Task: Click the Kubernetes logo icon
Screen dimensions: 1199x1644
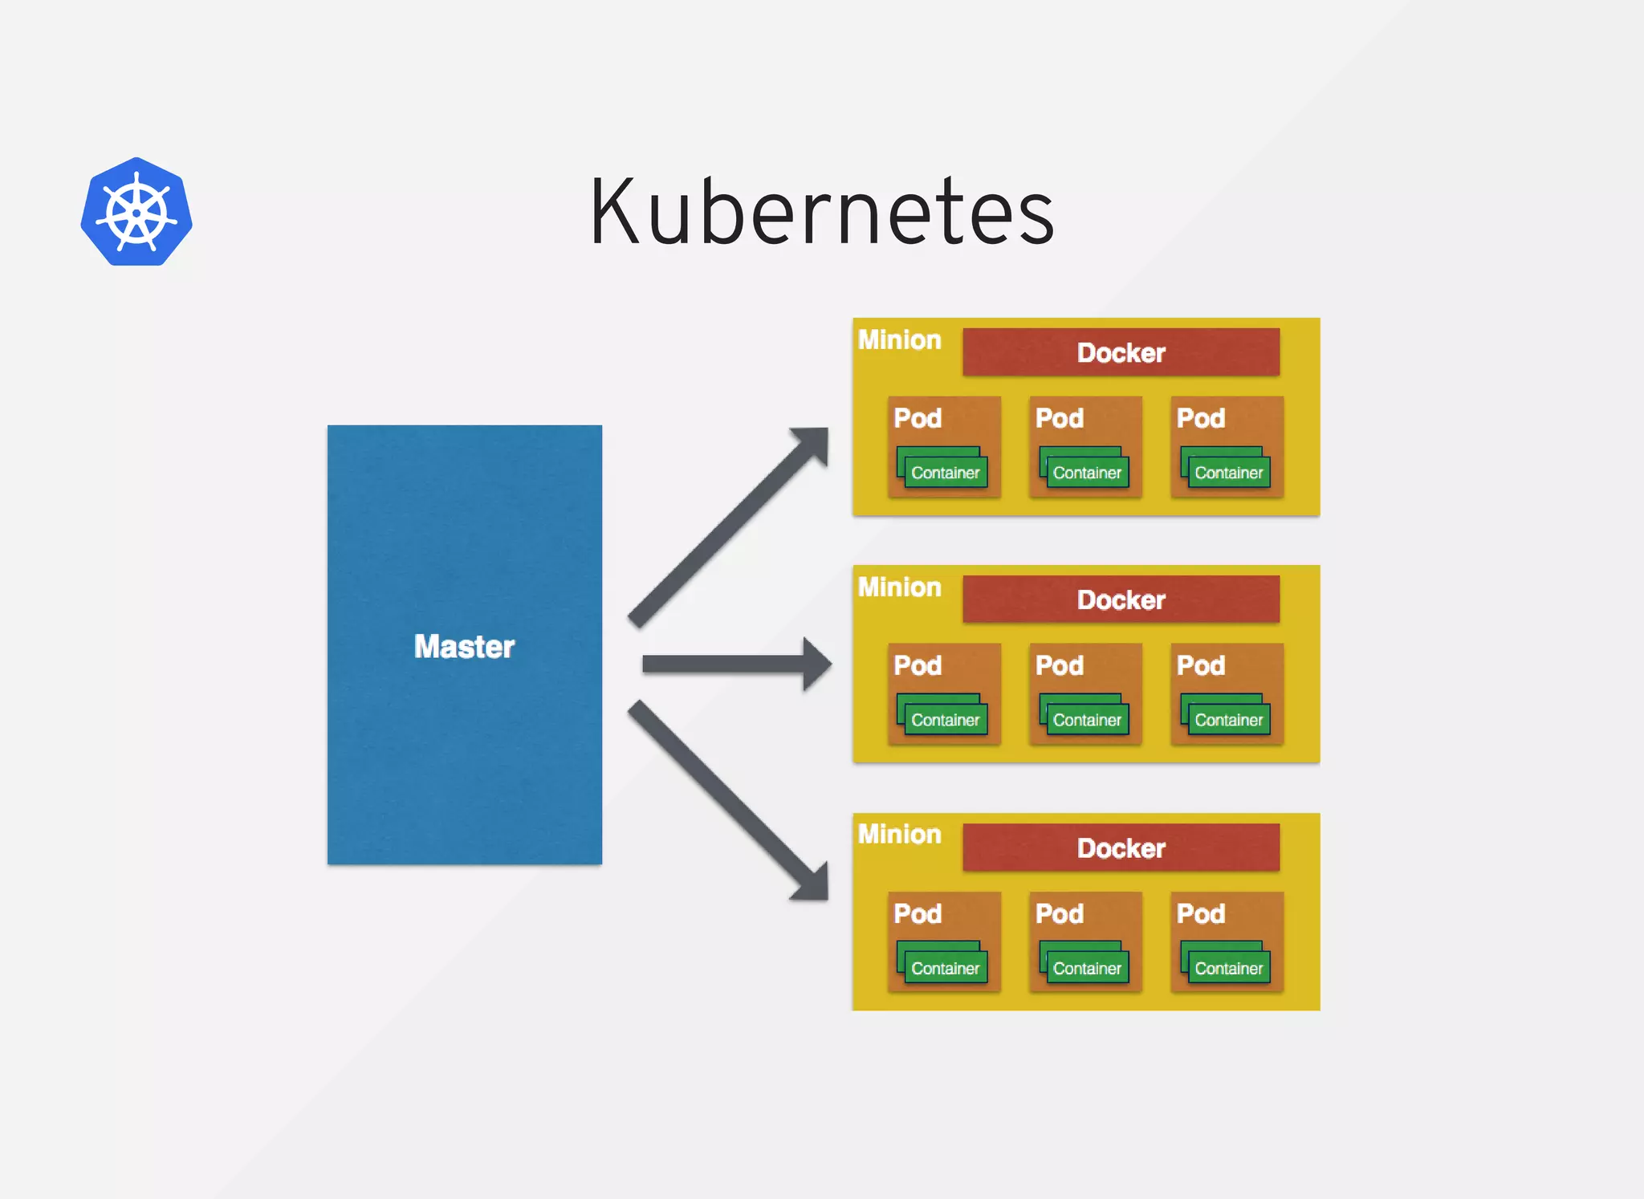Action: pos(136,213)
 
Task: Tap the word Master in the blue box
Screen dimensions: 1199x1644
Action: pos(464,647)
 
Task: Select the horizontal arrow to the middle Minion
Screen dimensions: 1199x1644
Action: pos(735,665)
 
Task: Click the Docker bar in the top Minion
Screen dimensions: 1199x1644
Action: pos(1121,352)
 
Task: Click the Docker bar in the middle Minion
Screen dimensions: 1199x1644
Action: pos(1121,599)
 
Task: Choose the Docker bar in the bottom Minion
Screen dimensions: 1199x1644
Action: pos(1121,848)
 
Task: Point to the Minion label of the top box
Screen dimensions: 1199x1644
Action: pos(899,340)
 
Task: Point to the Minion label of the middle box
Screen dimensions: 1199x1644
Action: pos(899,587)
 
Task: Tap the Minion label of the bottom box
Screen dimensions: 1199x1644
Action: pos(899,835)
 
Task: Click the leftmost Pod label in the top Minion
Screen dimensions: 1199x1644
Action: pos(918,418)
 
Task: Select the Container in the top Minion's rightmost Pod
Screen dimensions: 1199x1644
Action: pos(1228,472)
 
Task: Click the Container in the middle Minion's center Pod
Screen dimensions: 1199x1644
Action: pos(1087,719)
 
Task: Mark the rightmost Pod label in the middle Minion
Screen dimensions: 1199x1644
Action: pos(1201,665)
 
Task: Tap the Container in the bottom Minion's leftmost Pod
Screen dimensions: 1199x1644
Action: pos(945,968)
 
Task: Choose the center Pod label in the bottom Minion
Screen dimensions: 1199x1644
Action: pos(1060,913)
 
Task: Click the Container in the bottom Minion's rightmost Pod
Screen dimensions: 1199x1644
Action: pos(1228,968)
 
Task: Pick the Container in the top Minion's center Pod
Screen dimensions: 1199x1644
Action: pos(1087,472)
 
